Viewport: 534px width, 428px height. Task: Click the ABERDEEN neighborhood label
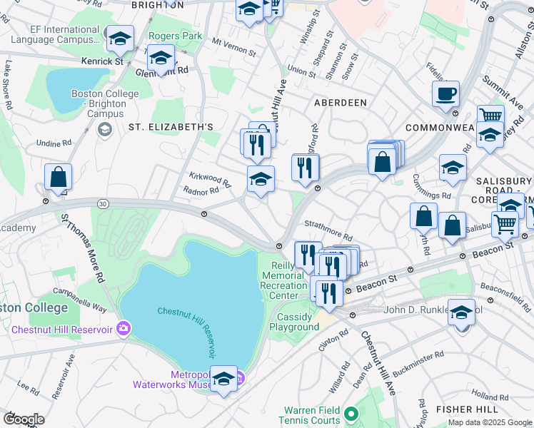click(x=341, y=103)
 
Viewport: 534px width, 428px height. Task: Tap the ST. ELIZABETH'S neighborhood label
click(x=171, y=127)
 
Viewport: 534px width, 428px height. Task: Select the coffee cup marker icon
click(x=445, y=95)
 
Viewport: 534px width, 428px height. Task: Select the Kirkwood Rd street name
click(x=210, y=178)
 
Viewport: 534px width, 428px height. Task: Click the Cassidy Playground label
click(x=294, y=322)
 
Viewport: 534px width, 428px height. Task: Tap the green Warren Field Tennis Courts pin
click(x=351, y=413)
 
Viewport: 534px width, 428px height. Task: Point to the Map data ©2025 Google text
click(x=490, y=422)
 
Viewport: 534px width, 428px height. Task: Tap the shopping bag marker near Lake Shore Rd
click(x=57, y=178)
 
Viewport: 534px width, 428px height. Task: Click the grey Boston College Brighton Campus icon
click(x=104, y=129)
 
